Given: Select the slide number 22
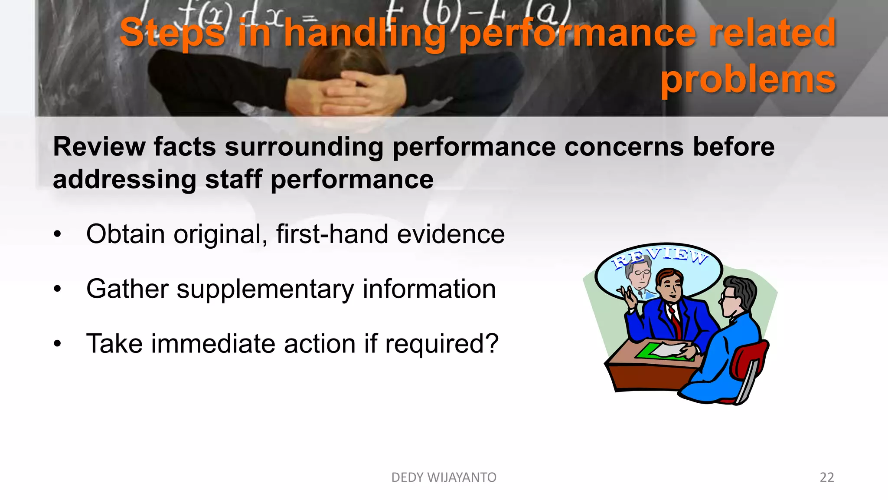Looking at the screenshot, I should [x=826, y=477].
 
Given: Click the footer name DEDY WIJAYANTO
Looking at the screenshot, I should [x=444, y=477].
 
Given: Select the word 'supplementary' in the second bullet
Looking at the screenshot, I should [x=265, y=289].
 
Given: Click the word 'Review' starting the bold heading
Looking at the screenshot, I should [x=99, y=147].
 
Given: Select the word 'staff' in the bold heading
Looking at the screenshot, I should [x=233, y=180].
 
